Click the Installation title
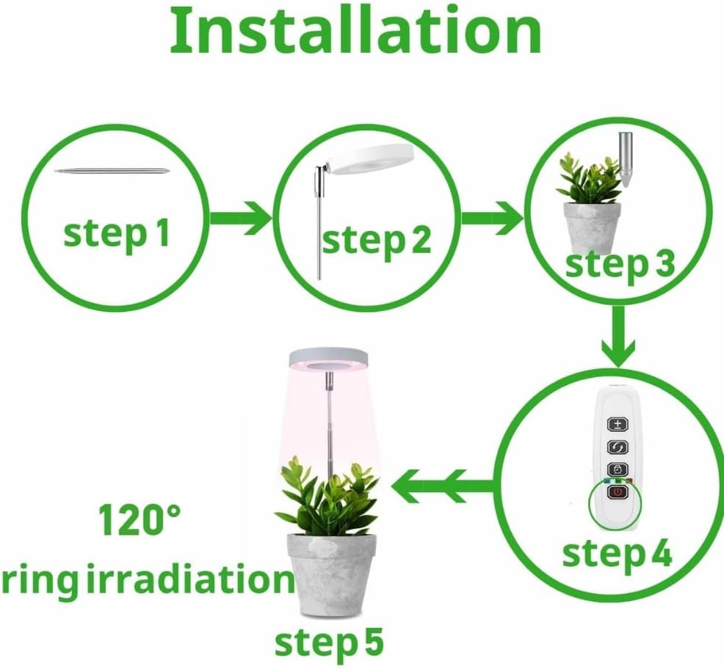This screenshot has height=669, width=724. click(x=356, y=31)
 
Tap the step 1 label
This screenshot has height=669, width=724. click(x=116, y=233)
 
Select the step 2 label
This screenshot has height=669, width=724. click(x=376, y=241)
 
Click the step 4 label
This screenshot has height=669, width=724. click(x=616, y=554)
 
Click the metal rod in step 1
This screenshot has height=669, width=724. click(x=117, y=172)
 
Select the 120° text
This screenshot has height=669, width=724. click(x=140, y=522)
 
